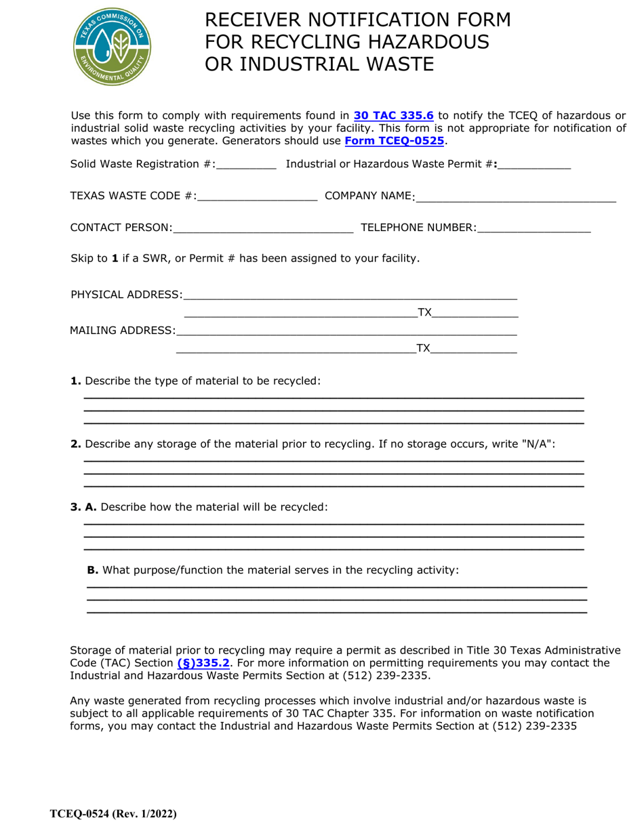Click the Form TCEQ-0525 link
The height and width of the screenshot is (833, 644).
(395, 141)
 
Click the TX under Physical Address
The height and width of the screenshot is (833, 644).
(424, 312)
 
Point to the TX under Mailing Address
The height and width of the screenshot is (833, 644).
(423, 348)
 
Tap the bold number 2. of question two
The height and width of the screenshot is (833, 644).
(76, 444)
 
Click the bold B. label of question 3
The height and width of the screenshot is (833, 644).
(93, 570)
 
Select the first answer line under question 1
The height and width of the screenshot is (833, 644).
(334, 397)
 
